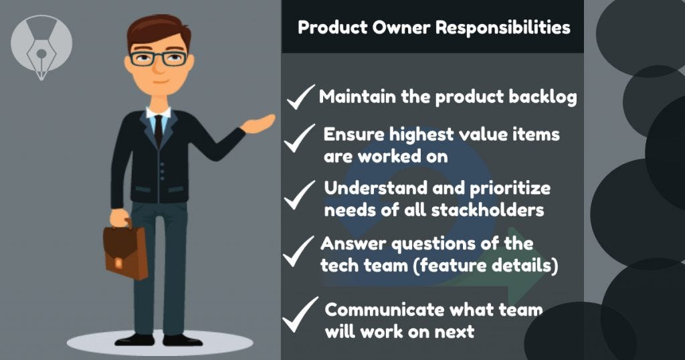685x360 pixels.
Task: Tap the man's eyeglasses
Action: (158, 58)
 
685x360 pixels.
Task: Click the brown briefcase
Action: (125, 251)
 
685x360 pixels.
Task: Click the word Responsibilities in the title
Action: (503, 28)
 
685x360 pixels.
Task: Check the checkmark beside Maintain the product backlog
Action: (300, 96)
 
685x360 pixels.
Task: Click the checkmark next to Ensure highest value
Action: (299, 139)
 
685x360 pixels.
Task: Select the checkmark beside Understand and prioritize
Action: (299, 195)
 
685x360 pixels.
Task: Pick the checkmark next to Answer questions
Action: (298, 251)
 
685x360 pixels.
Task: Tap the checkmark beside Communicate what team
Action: (300, 314)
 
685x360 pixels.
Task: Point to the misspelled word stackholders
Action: (488, 210)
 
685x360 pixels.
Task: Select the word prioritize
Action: (510, 189)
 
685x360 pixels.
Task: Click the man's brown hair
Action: (159, 31)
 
